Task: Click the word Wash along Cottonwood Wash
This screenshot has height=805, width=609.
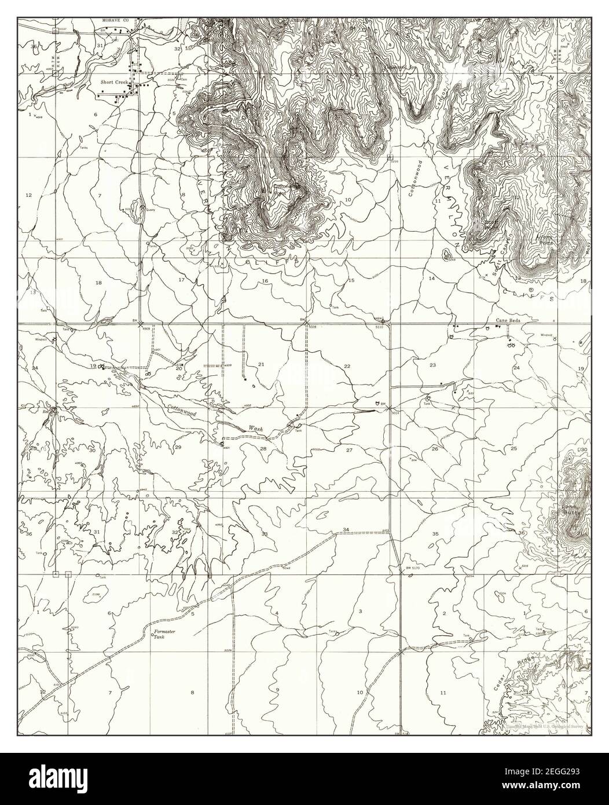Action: tap(256, 429)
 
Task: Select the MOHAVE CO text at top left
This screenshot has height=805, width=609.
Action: tap(115, 20)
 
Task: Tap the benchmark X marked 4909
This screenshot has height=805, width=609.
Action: tap(141, 324)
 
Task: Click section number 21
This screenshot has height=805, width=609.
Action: tap(261, 364)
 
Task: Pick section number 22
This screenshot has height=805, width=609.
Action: tap(347, 367)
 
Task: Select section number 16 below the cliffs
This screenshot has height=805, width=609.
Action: tap(265, 281)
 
